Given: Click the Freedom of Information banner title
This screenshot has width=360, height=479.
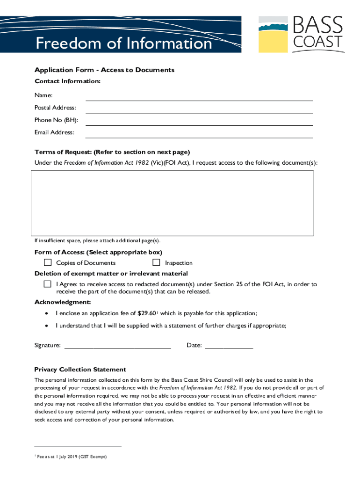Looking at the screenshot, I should coord(124,43).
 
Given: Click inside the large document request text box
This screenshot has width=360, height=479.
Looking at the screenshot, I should coord(172,203).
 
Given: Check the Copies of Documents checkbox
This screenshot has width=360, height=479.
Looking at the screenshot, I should coord(48,262).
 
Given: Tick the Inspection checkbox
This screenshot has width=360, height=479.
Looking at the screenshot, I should coord(156,262).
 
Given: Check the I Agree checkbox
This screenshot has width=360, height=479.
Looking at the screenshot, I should coord(48,284).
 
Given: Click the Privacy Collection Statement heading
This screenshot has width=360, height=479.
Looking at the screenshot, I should coord(80,370).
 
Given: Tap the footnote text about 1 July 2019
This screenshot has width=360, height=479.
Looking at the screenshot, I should coord(73,457).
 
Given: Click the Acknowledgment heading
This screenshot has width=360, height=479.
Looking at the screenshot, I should coord(63,302).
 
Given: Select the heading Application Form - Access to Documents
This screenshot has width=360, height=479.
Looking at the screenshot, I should coord(104,70).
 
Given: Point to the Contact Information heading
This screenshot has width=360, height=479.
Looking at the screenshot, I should coord(67,81).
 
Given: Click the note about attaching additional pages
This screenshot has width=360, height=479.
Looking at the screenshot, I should coord(97,241).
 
